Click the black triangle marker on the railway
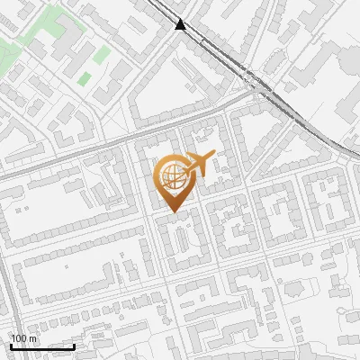[182, 25]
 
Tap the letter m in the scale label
[34, 338]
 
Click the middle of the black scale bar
[42, 346]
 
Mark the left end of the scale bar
[11, 346]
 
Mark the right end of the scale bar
[74, 346]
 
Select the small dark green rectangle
[85, 78]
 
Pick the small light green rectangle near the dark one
[101, 56]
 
